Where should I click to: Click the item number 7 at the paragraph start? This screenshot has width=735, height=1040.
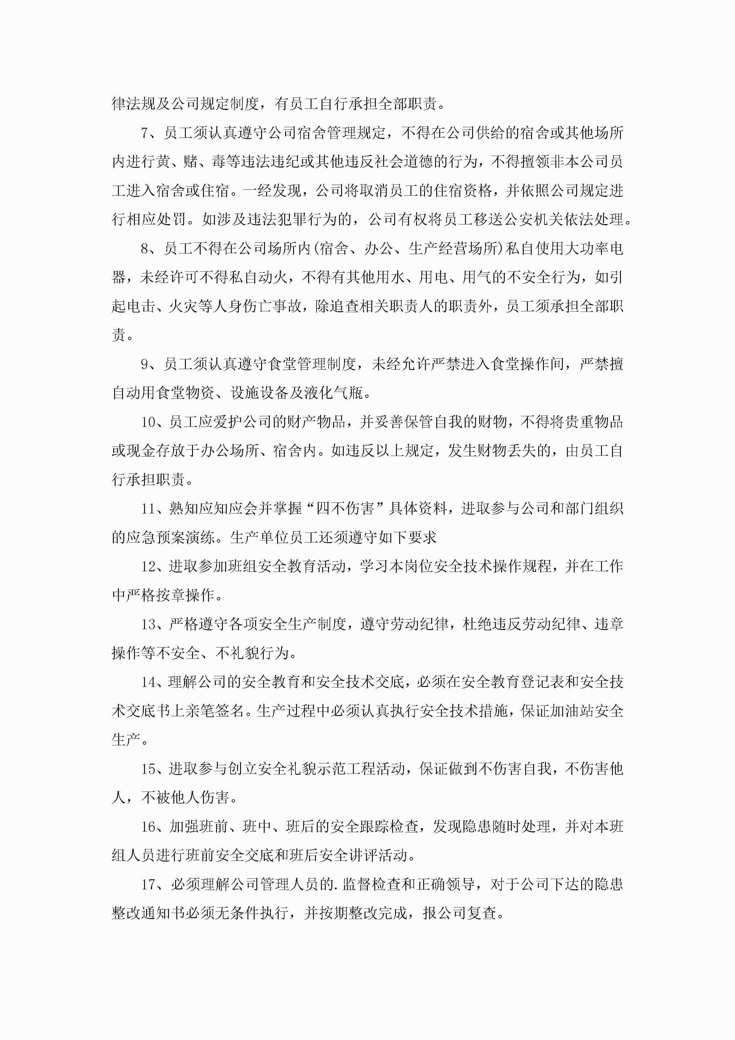coord(144,133)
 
